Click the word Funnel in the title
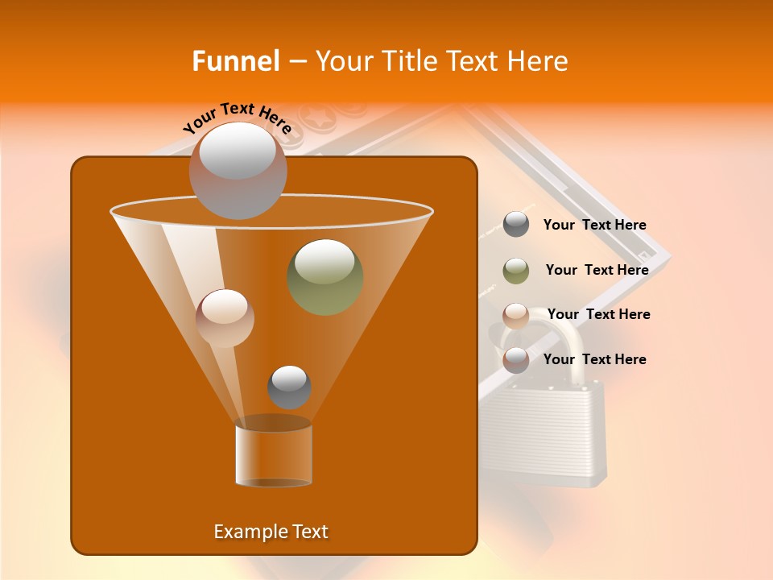pyautogui.click(x=235, y=61)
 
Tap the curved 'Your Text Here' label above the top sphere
pyautogui.click(x=237, y=118)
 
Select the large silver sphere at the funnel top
pyautogui.click(x=238, y=170)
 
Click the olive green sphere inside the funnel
pyautogui.click(x=324, y=276)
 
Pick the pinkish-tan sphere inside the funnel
pyautogui.click(x=225, y=317)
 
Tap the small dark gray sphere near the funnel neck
pyautogui.click(x=289, y=387)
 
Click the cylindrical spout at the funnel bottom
pyautogui.click(x=273, y=454)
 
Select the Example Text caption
pyautogui.click(x=271, y=532)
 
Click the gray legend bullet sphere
pyautogui.click(x=516, y=225)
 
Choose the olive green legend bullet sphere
pyautogui.click(x=516, y=271)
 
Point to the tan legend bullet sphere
pyautogui.click(x=516, y=315)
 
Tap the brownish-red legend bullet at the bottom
pyautogui.click(x=516, y=360)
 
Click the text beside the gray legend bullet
pyautogui.click(x=594, y=226)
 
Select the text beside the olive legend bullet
pyautogui.click(x=597, y=271)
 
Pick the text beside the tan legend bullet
pyautogui.click(x=598, y=315)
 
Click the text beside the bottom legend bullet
pyautogui.click(x=594, y=360)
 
